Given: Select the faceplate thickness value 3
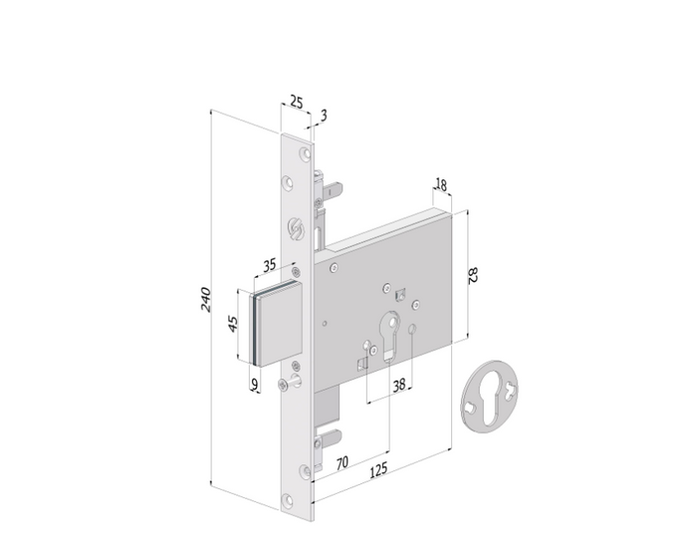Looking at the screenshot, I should (x=324, y=116).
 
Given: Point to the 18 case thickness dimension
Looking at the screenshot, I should (x=441, y=184).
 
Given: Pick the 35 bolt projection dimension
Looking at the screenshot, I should (x=270, y=265).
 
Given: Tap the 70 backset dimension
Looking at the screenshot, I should (x=343, y=463).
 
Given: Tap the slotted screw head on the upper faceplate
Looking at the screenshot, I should (x=295, y=228).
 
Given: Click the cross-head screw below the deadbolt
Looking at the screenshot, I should (x=284, y=384).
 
